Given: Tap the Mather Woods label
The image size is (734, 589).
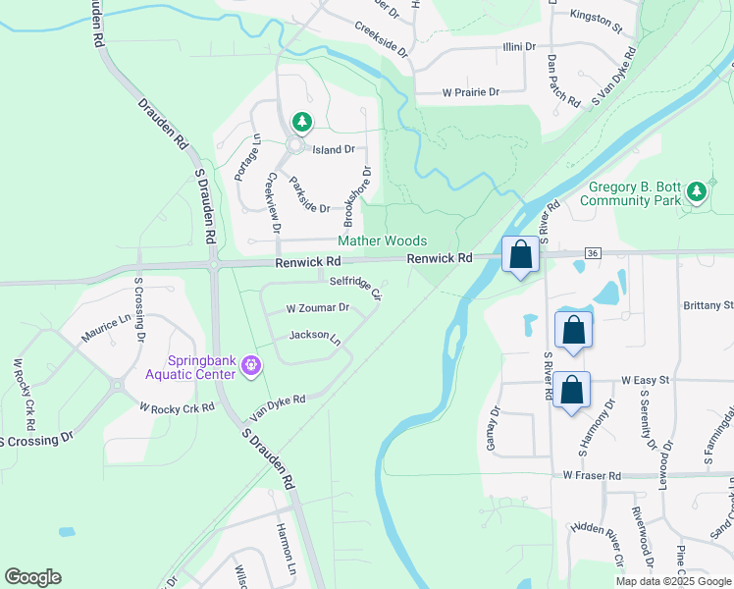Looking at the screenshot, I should (x=382, y=241).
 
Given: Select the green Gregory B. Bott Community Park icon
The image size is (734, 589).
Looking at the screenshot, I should (x=697, y=190).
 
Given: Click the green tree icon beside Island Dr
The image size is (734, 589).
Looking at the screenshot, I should (x=303, y=123).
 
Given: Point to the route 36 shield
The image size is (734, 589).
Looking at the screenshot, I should (x=592, y=253).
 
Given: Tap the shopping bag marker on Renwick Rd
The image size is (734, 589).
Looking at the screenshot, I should (x=521, y=255).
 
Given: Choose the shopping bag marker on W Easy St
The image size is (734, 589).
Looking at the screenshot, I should (x=572, y=391).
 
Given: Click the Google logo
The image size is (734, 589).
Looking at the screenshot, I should (x=32, y=577).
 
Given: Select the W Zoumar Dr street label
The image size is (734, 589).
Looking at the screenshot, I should (x=317, y=307).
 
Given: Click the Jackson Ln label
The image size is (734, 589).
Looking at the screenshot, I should (x=314, y=337).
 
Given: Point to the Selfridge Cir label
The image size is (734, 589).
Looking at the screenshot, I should (x=355, y=285).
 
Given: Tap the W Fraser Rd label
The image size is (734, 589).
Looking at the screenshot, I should (x=593, y=475).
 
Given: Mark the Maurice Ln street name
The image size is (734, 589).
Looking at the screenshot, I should (x=105, y=329).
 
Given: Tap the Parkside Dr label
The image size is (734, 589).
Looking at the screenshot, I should (x=309, y=193).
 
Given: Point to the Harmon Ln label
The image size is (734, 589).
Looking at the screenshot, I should (x=286, y=562).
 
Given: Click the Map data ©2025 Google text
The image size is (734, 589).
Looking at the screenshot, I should (x=672, y=581).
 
